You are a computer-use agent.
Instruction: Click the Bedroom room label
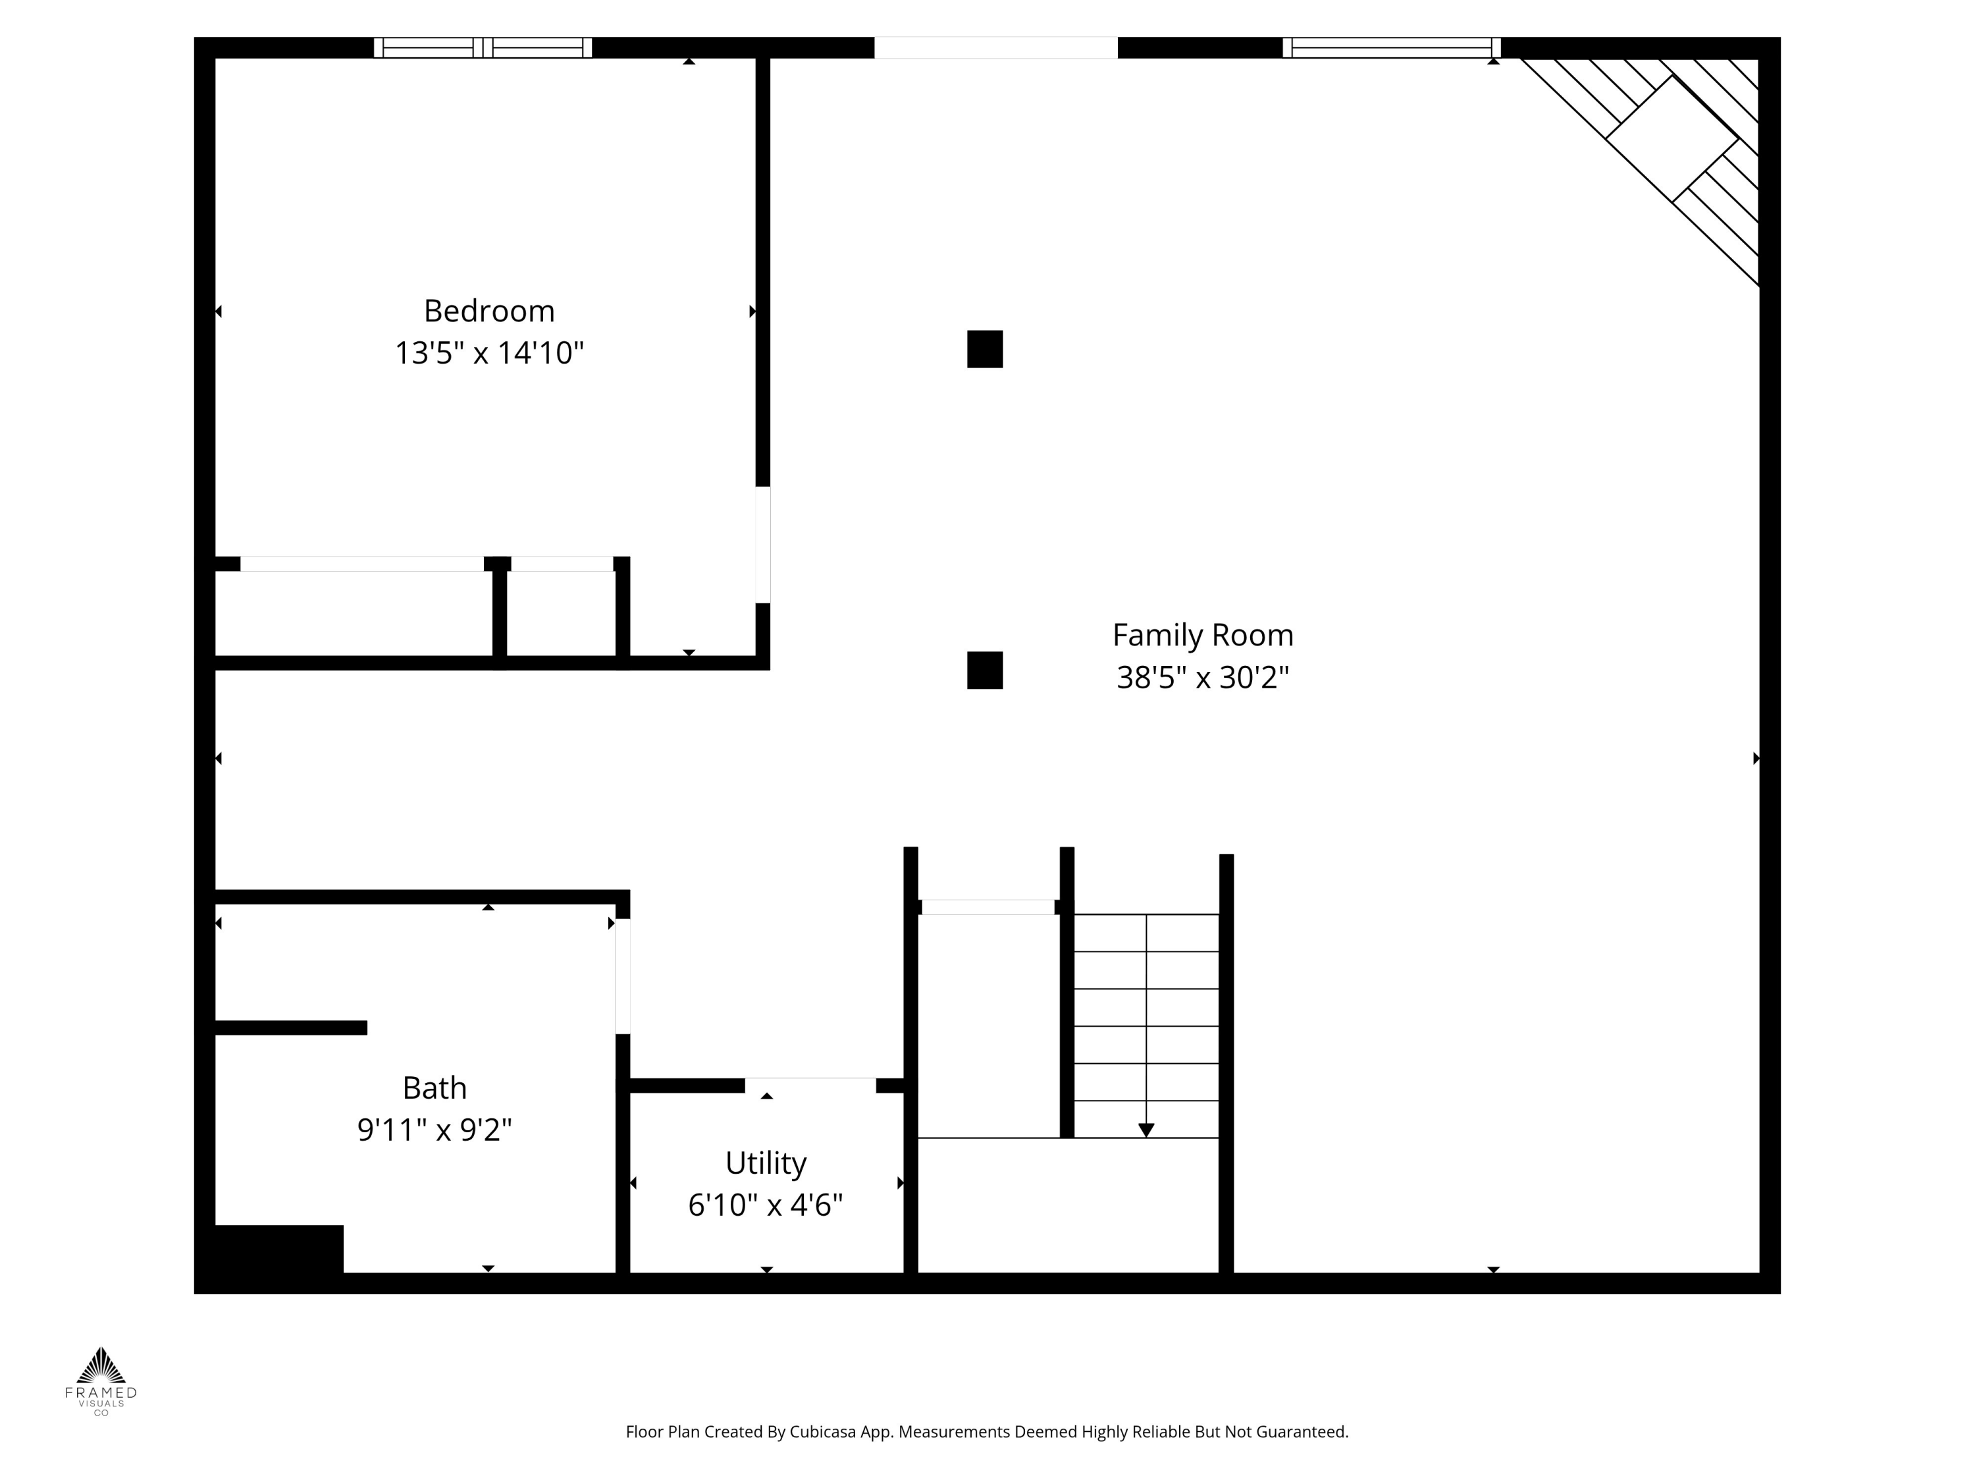(489, 312)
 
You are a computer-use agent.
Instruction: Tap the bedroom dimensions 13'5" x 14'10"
(489, 353)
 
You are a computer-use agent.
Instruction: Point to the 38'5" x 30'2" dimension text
(1203, 677)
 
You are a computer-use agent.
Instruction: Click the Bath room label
(434, 1088)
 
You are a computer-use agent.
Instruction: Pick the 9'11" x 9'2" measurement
(434, 1130)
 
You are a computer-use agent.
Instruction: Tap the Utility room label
(766, 1163)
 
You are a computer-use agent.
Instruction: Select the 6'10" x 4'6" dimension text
(766, 1205)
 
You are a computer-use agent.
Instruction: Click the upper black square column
(985, 349)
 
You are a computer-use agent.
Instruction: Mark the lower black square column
(985, 670)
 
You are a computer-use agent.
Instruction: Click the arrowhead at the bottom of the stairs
(1146, 1130)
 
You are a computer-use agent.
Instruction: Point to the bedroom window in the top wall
(483, 48)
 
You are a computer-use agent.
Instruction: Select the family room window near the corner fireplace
(1392, 48)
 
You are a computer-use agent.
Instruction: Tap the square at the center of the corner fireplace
(1672, 138)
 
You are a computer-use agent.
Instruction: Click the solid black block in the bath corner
(278, 1249)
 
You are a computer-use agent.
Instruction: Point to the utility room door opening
(810, 1085)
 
